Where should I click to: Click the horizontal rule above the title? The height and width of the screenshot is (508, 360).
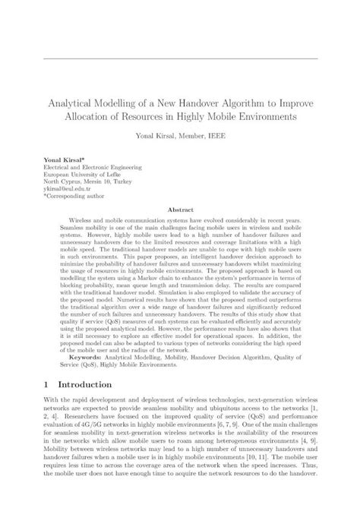180,58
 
